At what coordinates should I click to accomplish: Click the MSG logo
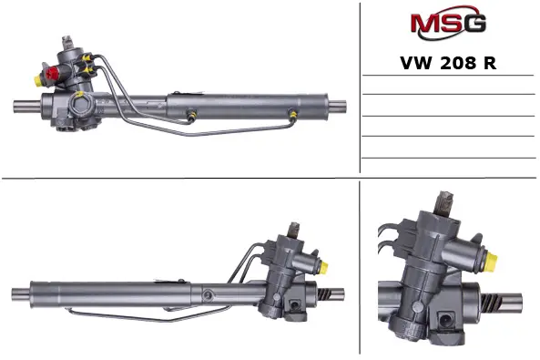pos(448,23)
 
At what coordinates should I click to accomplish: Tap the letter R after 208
pos(490,63)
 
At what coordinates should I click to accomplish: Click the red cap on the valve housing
pos(52,73)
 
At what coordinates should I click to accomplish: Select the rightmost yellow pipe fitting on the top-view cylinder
pos(292,114)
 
